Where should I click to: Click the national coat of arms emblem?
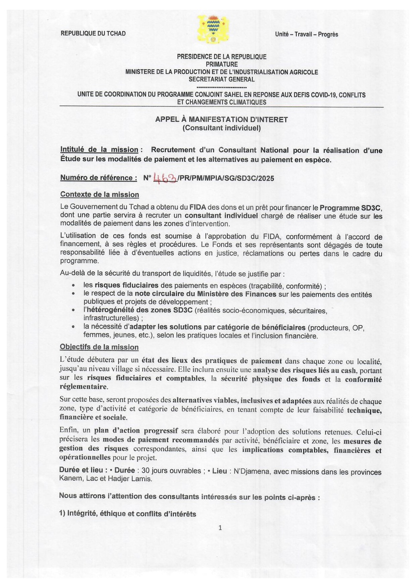pos(213,29)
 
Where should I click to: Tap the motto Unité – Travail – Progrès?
pos(306,34)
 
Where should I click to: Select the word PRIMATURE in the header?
pos(222,64)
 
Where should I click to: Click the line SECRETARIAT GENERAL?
pos(222,80)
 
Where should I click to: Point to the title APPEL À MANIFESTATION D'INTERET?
pos(222,119)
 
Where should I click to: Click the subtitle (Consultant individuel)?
pos(222,128)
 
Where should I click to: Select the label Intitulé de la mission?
pos(100,150)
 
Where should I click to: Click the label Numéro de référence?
pos(98,178)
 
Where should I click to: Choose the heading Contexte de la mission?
pos(100,195)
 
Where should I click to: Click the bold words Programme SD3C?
pos(351,208)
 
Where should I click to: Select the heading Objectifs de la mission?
pos(99,347)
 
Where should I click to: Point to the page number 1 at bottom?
pos(220,528)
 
